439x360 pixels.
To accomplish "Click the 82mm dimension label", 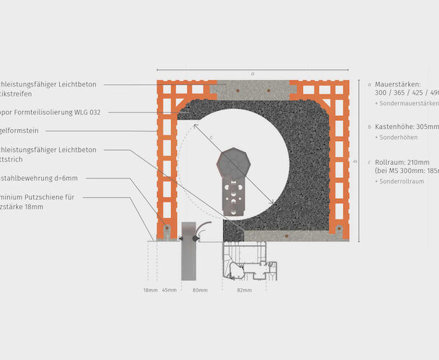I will pos(245,290).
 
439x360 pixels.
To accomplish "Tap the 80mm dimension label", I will pos(199,290).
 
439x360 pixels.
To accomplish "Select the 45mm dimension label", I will pos(169,290).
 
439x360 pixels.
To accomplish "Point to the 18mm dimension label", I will pos(149,290).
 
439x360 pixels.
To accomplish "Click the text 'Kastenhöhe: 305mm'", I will pos(407,126).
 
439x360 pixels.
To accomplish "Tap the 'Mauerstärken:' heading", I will pos(397,84).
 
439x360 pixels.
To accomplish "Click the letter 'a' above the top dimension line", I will pos(253,73).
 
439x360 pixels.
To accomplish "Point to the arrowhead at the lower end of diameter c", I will pos(273,202).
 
